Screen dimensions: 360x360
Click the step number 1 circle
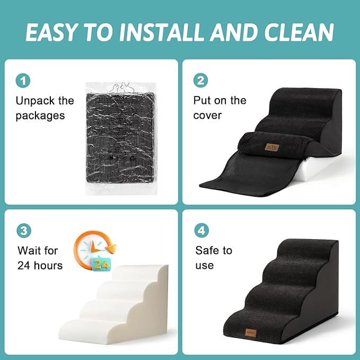[23, 81]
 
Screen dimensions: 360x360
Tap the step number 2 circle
[201, 81]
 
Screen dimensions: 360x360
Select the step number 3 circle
[23, 231]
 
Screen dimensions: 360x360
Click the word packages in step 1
[40, 115]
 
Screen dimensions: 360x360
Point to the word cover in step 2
[207, 115]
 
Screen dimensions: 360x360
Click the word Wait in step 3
[30, 250]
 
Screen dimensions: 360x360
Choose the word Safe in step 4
[207, 250]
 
